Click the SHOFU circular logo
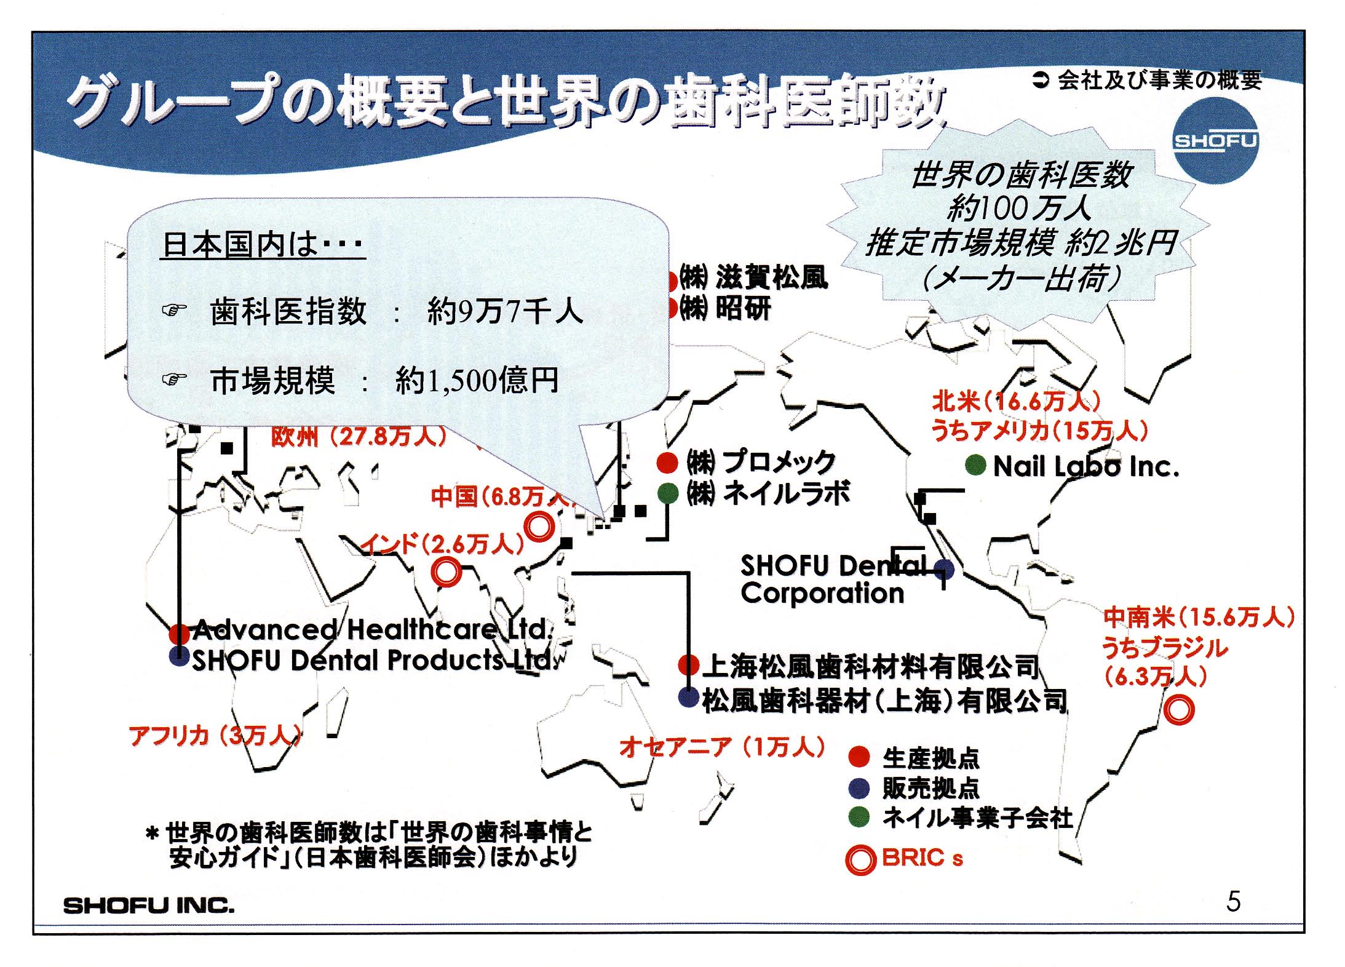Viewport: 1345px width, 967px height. point(1214,141)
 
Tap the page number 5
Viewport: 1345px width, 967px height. point(1233,902)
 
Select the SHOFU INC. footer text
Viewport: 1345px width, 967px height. point(149,905)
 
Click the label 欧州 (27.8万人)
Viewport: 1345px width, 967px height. point(359,436)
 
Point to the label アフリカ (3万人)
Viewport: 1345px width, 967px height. point(215,736)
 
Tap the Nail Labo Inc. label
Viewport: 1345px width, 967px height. point(1086,467)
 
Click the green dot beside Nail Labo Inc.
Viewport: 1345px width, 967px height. point(975,466)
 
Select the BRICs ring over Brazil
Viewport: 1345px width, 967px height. point(1179,709)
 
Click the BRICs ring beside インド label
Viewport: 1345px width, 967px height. point(446,571)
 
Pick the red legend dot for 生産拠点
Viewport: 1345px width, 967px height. point(859,757)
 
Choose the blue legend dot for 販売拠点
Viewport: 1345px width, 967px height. point(859,787)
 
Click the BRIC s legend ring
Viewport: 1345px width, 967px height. point(860,859)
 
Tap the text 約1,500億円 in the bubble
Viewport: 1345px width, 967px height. point(477,380)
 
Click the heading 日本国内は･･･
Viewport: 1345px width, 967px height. point(263,244)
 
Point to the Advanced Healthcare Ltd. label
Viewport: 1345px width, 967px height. point(373,629)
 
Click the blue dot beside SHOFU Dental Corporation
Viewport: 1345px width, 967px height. point(944,570)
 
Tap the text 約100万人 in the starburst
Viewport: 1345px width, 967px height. point(1019,208)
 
